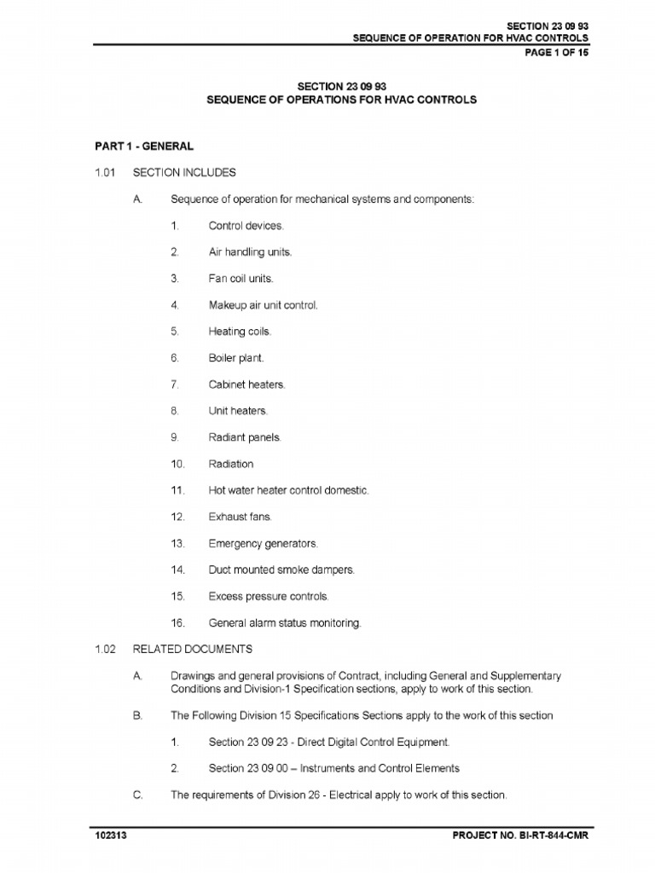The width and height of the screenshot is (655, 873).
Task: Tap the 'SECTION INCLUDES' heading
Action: (x=184, y=172)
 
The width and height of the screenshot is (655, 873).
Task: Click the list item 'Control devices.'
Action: (x=246, y=226)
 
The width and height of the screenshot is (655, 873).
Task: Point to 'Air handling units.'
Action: (x=251, y=252)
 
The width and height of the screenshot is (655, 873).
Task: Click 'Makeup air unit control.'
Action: (x=263, y=305)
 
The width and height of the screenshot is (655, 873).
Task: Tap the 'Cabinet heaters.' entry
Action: (x=246, y=384)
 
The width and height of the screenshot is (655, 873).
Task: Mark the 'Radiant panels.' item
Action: (x=244, y=437)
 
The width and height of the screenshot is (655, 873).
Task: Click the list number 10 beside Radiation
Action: (x=177, y=464)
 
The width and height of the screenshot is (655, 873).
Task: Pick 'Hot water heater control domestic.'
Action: (x=288, y=490)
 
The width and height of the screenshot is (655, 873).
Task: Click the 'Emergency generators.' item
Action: (x=263, y=543)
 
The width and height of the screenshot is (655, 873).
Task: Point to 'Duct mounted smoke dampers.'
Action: (x=281, y=569)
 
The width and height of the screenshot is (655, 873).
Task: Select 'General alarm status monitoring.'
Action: (x=285, y=622)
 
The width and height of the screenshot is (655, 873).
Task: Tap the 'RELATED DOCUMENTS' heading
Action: (x=193, y=649)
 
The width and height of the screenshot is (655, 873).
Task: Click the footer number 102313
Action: (x=112, y=835)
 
